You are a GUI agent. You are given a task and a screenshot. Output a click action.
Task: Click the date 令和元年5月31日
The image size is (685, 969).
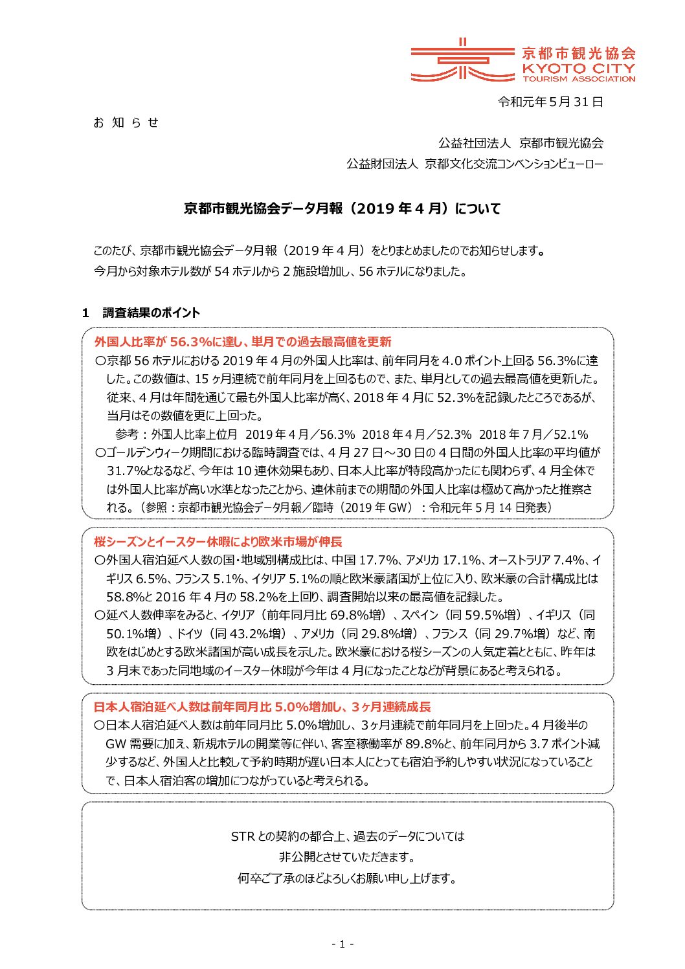(550, 102)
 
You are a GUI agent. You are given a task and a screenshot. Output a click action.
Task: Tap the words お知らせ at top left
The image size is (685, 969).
(126, 122)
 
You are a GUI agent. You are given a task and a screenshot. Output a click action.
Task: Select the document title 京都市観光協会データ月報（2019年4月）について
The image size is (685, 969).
(342, 208)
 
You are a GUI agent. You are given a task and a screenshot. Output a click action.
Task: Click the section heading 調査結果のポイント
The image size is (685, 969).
(152, 313)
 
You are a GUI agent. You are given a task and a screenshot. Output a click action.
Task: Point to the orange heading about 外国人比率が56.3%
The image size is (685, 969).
(243, 342)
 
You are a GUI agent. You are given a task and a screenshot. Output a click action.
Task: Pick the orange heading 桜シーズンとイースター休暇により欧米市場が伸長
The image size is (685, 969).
(218, 542)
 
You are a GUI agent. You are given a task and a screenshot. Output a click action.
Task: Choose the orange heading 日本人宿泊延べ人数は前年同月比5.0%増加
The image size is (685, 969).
(262, 707)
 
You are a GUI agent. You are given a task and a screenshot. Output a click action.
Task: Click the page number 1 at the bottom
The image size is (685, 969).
(342, 944)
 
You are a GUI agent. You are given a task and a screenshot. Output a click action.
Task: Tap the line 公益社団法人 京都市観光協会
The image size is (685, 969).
(521, 143)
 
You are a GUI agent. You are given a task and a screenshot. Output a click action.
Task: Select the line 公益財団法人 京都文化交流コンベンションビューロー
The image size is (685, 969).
(475, 164)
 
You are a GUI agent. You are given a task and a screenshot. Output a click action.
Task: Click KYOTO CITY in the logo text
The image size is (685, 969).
(579, 68)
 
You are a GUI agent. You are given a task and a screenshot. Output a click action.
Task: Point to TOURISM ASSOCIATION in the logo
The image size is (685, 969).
(579, 79)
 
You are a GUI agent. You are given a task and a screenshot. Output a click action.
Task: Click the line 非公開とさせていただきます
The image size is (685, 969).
(346, 857)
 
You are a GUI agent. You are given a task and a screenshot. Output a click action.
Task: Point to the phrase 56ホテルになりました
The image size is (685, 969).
(412, 271)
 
